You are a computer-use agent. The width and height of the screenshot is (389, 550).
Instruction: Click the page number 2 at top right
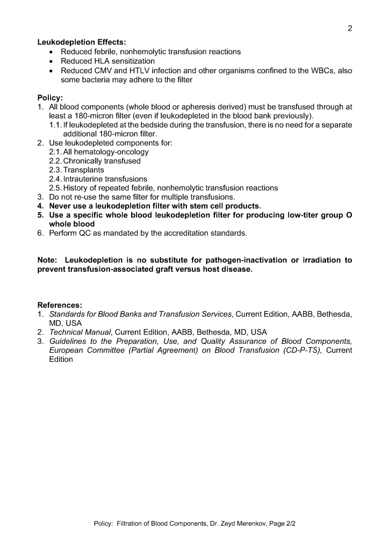click(x=350, y=28)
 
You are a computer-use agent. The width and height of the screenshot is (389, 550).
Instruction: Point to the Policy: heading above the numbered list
click(x=50, y=98)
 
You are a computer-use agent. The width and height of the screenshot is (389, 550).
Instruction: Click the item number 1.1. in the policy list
click(x=56, y=125)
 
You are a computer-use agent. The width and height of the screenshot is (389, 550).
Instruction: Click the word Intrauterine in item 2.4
click(x=87, y=179)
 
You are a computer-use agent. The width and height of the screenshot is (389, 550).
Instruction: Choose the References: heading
click(x=60, y=305)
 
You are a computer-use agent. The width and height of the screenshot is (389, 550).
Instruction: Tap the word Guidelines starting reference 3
click(x=68, y=342)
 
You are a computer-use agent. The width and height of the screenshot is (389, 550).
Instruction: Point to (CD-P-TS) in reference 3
click(x=298, y=351)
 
